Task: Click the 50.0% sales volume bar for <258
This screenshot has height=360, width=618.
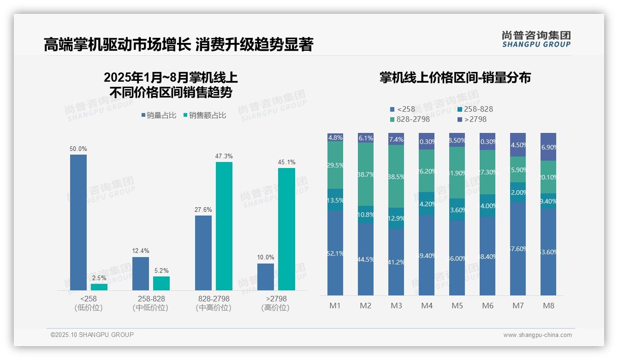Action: coord(78,222)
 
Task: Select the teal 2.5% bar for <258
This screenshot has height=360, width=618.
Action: coord(99,287)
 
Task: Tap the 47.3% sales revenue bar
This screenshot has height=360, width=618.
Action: coord(224,226)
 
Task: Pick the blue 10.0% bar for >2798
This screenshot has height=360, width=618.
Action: coord(266,277)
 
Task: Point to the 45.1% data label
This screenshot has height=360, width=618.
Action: coord(287,162)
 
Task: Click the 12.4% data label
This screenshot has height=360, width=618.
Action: coord(141,251)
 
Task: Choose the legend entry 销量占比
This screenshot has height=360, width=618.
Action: coord(159,115)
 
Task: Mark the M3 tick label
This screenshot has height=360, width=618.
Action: coord(396,306)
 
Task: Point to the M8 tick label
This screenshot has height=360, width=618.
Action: coord(548,306)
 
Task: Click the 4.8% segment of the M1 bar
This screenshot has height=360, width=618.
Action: coord(335,138)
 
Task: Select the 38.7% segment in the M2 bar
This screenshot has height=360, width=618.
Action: coord(366,174)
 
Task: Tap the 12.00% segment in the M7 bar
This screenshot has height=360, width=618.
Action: coord(518,192)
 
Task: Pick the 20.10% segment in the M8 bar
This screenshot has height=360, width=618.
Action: coord(548,177)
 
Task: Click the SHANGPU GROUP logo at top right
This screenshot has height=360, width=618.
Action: coord(536,39)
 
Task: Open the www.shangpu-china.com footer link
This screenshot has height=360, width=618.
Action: coord(537,335)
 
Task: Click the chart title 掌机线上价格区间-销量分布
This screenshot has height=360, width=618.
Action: coord(455,78)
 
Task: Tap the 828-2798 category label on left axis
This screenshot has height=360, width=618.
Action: coord(214,303)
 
